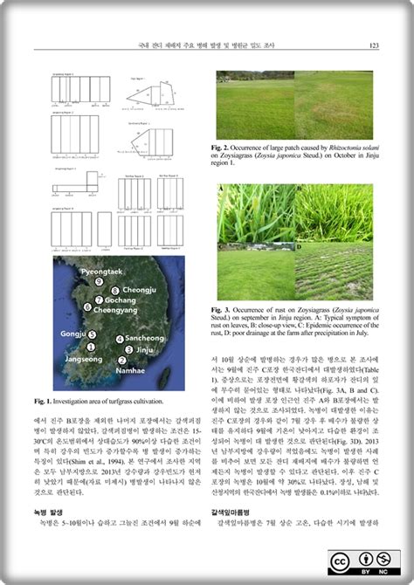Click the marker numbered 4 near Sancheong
(x=120, y=338)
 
